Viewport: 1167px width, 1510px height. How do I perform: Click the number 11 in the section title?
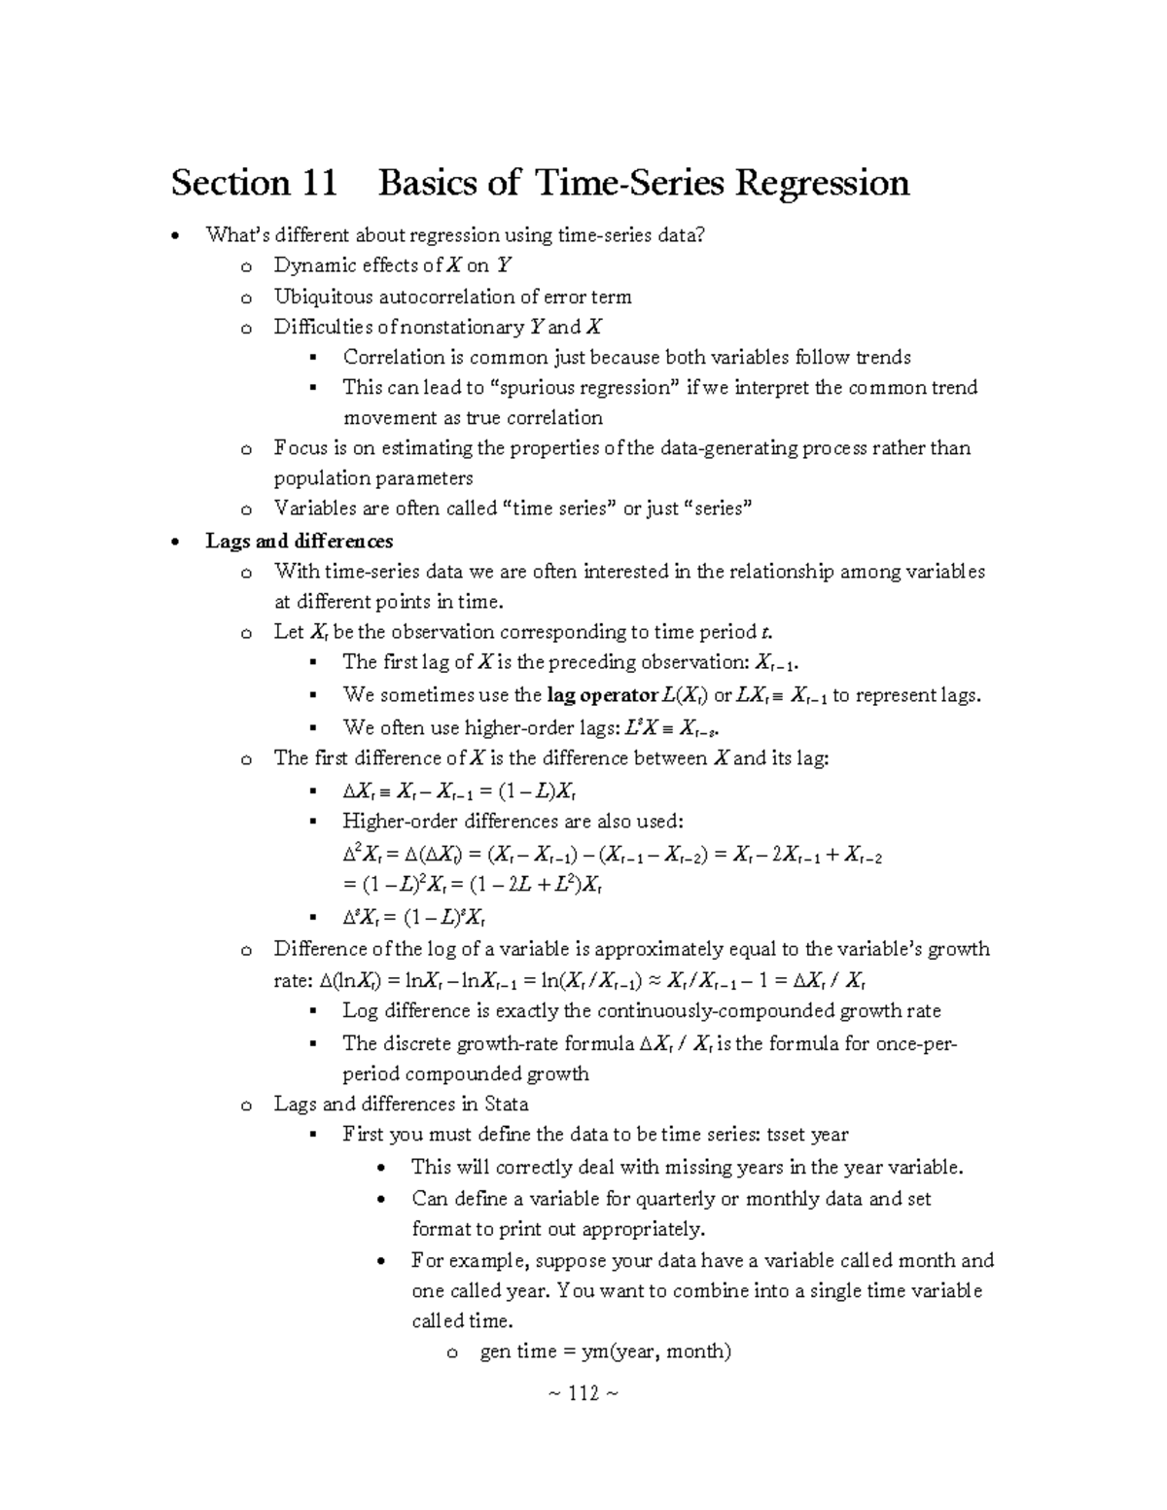(317, 183)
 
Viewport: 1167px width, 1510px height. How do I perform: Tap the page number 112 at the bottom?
(583, 1393)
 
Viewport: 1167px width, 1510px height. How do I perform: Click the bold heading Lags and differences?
(299, 541)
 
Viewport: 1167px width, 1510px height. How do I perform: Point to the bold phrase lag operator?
(603, 695)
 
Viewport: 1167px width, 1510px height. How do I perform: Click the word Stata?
(507, 1105)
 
